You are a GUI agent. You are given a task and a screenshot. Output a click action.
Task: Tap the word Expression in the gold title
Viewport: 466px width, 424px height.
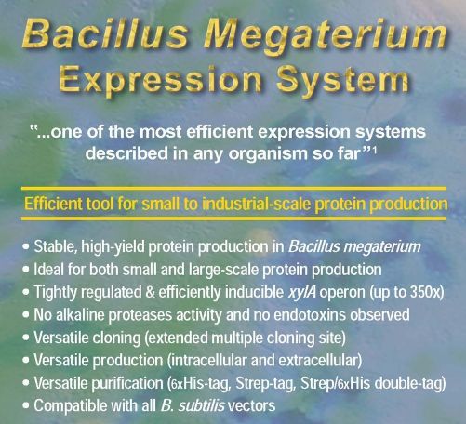(160, 80)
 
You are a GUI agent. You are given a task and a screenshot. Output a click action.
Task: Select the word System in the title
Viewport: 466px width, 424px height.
(343, 81)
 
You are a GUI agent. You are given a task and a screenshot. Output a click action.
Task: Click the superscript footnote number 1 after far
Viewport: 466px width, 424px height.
(374, 150)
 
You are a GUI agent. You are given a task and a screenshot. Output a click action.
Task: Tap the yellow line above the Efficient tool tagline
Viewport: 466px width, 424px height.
(233, 188)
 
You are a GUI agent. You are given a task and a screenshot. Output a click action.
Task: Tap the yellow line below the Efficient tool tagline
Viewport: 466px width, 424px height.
(233, 219)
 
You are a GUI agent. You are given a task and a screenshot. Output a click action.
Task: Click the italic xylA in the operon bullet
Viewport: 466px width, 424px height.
(302, 292)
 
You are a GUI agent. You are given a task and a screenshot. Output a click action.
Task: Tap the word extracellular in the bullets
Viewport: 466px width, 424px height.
(318, 361)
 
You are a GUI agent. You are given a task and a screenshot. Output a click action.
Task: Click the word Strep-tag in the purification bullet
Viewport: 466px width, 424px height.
(264, 383)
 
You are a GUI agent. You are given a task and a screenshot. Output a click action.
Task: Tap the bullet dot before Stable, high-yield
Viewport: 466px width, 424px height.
(26, 247)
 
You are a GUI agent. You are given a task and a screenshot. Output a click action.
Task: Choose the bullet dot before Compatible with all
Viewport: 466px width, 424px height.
(26, 405)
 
